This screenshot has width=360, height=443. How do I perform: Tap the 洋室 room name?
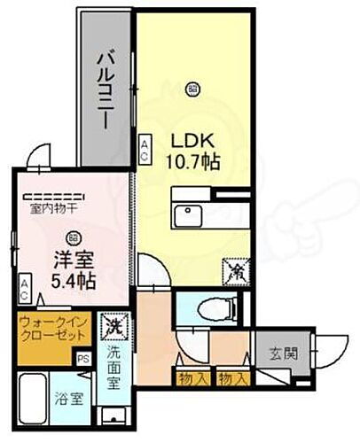click(71, 262)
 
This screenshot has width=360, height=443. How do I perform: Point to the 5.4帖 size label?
click(73, 284)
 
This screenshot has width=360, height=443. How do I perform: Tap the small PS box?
click(83, 359)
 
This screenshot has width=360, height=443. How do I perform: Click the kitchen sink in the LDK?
click(189, 215)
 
